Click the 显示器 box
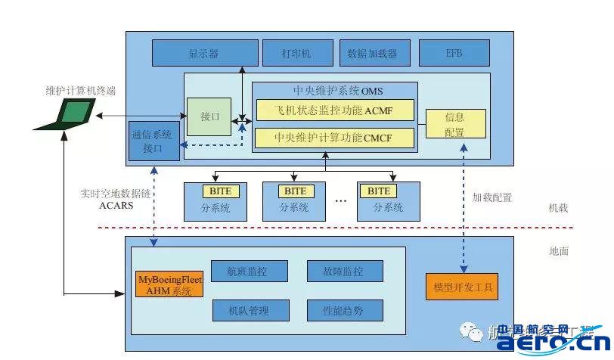coord(203,54)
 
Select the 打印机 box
coord(296,54)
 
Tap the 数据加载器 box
coord(372,54)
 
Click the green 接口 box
coord(209,117)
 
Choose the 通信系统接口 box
coord(154,141)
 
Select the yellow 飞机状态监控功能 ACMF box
coord(335,110)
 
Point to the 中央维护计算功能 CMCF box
coord(335,138)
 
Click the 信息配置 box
coord(454,124)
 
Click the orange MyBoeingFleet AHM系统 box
coord(169,284)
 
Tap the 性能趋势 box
coord(345,309)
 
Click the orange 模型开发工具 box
coord(462,288)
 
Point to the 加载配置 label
coord(492,197)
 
